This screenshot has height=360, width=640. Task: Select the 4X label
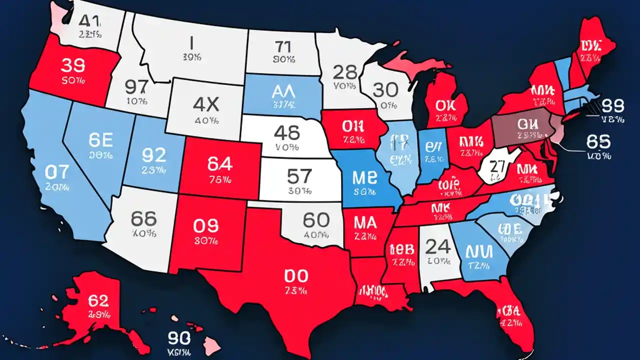click(x=205, y=104)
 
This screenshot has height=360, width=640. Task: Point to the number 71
click(x=283, y=47)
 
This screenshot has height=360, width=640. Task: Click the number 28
click(x=345, y=72)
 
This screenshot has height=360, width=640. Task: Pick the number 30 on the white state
click(x=385, y=90)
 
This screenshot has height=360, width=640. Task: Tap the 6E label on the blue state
click(x=101, y=140)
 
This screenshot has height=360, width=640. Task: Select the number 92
click(x=153, y=154)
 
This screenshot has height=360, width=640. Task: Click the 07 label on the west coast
click(x=56, y=172)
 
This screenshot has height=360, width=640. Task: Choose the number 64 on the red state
click(x=219, y=163)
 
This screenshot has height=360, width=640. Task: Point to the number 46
click(x=287, y=132)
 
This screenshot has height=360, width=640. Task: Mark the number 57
click(x=299, y=176)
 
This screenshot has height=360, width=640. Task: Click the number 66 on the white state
click(x=143, y=218)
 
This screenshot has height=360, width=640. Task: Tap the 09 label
click(x=205, y=226)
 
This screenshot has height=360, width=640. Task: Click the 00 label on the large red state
click(x=297, y=275)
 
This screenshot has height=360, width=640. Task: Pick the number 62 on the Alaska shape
click(x=98, y=300)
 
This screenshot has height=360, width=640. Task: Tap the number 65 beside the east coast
click(x=598, y=142)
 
